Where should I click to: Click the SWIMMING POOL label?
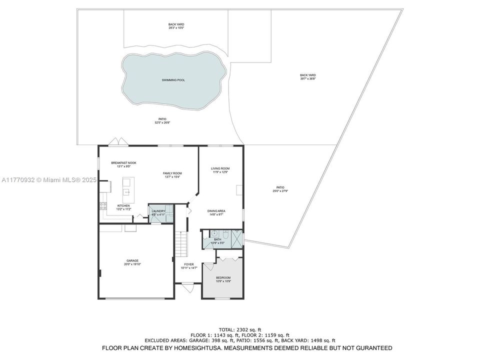pos(173,80)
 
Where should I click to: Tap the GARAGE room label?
pos(132,260)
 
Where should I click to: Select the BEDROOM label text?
pos(223,277)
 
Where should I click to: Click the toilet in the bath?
pos(226,233)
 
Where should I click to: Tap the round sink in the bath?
pos(213,233)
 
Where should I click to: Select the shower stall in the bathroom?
pos(237,238)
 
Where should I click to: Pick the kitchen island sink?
pos(127,191)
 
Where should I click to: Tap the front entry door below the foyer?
pos(188,288)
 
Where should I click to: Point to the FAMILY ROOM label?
pos(172,173)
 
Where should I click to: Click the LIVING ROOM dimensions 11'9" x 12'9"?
pos(220,172)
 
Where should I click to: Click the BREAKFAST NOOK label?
pos(123,162)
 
